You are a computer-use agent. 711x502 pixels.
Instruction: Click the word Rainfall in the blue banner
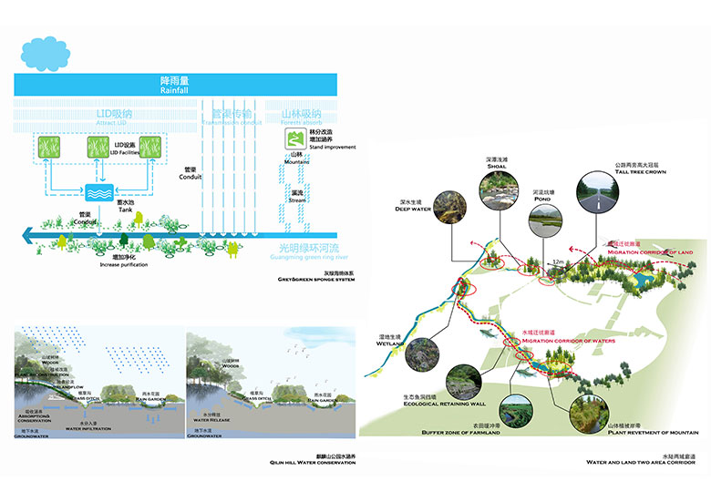coord(174,90)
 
